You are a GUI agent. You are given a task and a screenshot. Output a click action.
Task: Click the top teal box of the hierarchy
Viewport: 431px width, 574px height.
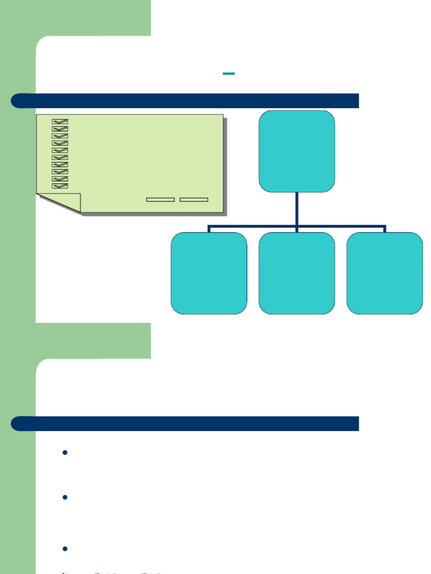[x=296, y=151]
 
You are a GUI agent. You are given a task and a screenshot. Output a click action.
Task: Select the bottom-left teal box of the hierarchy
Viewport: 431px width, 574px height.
[x=209, y=273]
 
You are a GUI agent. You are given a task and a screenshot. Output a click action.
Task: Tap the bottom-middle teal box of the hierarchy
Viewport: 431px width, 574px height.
[x=296, y=273]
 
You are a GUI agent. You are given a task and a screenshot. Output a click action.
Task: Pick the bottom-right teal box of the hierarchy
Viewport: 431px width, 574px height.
[x=384, y=273]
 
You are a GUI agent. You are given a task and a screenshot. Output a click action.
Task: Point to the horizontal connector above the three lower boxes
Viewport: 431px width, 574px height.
[x=253, y=227]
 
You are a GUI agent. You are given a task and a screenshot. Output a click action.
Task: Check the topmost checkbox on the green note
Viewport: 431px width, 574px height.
[x=59, y=122]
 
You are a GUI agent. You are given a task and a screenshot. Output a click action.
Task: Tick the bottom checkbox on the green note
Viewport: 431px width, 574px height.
[x=59, y=186]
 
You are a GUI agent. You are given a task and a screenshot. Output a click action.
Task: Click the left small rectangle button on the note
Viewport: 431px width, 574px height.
[x=160, y=200]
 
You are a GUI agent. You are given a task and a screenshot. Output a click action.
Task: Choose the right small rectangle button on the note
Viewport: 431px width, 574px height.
[x=194, y=200]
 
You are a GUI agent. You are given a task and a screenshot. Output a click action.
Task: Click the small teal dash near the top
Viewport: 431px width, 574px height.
[x=228, y=73]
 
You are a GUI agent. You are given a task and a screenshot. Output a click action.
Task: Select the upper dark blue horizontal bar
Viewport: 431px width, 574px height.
[x=185, y=101]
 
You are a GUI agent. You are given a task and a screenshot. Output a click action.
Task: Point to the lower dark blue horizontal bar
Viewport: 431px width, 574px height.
[x=185, y=424]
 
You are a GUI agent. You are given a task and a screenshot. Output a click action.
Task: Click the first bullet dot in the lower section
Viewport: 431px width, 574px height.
[x=65, y=453]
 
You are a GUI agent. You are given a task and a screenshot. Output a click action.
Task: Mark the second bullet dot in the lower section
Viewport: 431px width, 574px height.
[x=65, y=498]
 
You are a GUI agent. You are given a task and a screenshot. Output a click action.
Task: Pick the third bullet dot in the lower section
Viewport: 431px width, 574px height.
[x=65, y=549]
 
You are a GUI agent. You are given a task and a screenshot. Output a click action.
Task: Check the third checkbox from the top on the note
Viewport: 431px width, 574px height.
[x=59, y=136]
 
